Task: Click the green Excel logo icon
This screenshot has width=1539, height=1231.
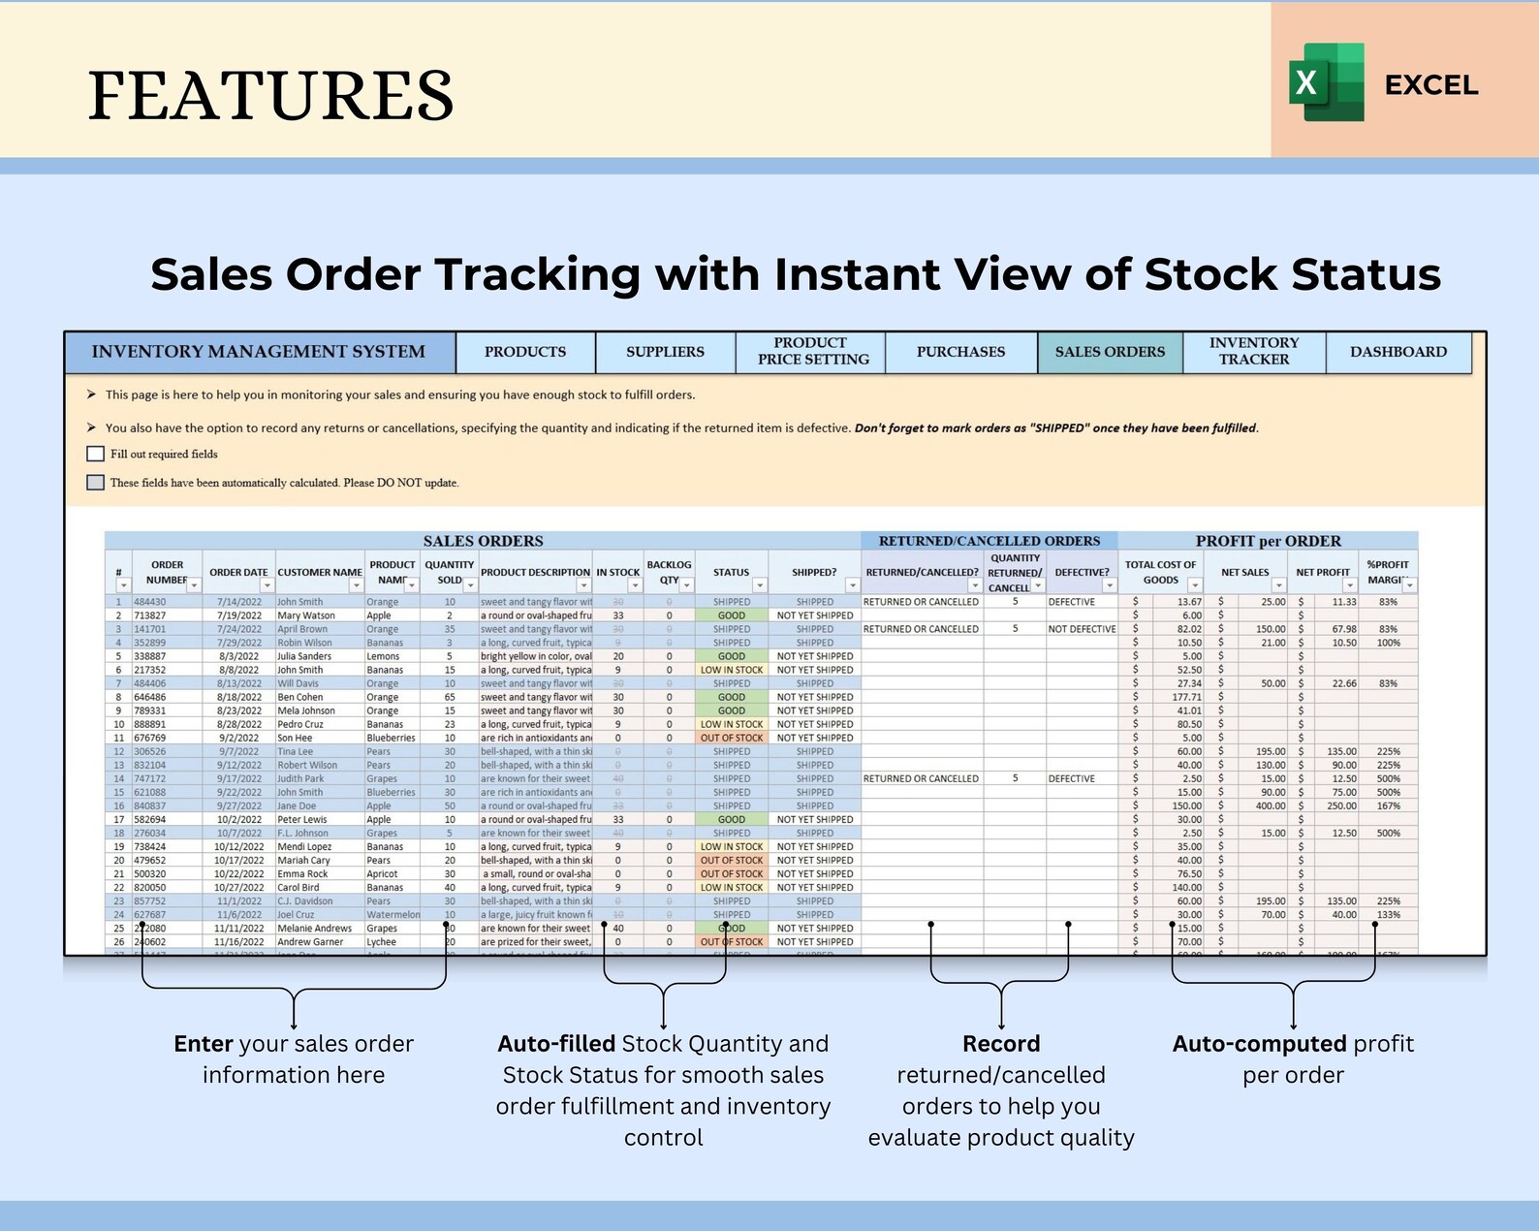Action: click(1326, 82)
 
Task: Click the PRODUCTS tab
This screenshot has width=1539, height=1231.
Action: click(525, 352)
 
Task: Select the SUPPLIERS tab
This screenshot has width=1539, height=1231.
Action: click(665, 352)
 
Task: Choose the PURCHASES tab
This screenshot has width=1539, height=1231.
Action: click(960, 352)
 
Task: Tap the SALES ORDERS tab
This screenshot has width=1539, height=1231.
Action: click(1110, 352)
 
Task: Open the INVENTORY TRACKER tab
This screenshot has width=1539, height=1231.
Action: click(1254, 351)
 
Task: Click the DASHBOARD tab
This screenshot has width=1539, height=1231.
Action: click(1398, 352)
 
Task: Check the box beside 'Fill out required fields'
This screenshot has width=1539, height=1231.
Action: click(96, 454)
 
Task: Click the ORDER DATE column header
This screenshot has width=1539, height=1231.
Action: click(238, 572)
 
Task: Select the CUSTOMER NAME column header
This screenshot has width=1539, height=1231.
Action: click(320, 572)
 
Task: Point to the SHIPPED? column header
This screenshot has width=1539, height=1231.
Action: click(814, 572)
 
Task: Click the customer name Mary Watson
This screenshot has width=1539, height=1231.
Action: click(306, 615)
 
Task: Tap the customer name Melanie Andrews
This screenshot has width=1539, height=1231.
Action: click(315, 929)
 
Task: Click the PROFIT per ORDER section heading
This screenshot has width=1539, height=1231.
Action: click(1268, 541)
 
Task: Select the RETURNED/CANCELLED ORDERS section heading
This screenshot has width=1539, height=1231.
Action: click(989, 541)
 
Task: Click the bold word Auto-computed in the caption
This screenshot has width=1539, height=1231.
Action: click(1259, 1044)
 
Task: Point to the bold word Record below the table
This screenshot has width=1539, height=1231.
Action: click(1001, 1044)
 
